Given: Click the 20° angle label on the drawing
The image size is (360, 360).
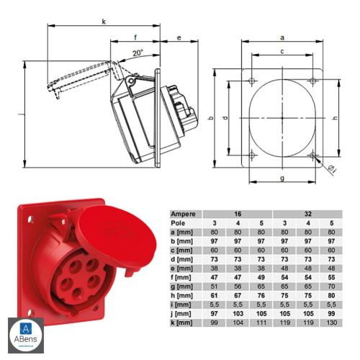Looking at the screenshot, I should pos(137,52).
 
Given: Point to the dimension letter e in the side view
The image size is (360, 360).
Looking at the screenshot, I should pos(178,36).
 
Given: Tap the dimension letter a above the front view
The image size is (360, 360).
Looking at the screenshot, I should pos(282,36).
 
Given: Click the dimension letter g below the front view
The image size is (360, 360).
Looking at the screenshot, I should pos(282,177).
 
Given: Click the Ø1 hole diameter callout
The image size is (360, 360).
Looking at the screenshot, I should pos(332,168).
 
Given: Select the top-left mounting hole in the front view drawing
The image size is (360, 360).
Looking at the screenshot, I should pos(251,79).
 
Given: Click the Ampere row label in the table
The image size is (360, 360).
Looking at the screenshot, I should pos(184,214).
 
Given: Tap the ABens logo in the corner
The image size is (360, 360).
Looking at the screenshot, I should pos(25,335).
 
